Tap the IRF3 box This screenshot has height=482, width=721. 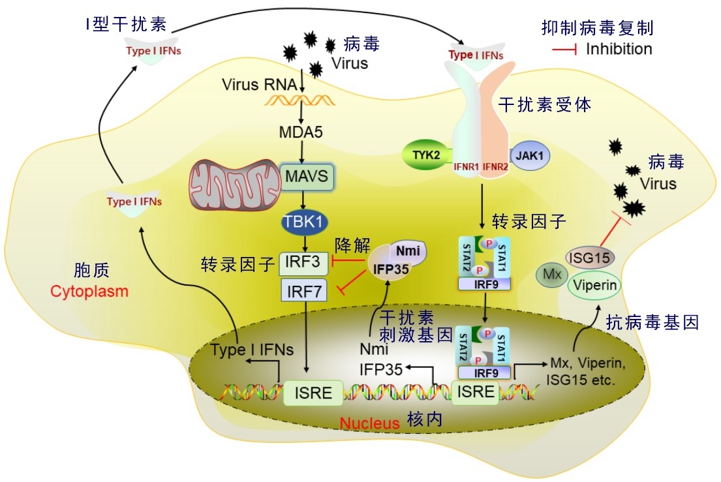point(301,263)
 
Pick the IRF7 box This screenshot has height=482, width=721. point(304,290)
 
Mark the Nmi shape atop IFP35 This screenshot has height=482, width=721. point(408,249)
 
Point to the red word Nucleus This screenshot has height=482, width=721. point(369,423)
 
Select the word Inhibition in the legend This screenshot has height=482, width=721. point(619,49)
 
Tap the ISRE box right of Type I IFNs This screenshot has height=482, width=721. point(313,393)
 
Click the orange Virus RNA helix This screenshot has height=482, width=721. point(300,100)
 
